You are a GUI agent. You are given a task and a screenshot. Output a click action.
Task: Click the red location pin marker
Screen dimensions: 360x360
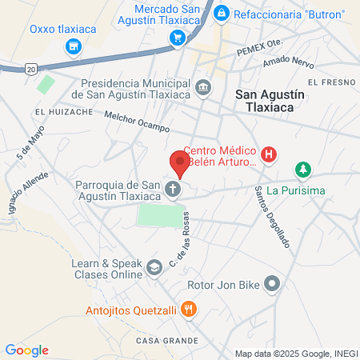(x=180, y=164)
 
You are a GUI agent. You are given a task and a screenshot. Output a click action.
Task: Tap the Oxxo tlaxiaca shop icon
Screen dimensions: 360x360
(x=74, y=48)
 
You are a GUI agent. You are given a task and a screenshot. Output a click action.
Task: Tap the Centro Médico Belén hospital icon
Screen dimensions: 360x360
(x=270, y=154)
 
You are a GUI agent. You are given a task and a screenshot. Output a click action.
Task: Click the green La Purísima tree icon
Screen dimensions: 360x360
(x=302, y=170)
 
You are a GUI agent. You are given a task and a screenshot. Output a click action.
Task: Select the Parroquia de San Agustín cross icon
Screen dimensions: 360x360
(x=172, y=190)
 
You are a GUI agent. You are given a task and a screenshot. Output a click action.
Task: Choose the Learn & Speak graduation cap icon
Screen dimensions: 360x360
(x=153, y=269)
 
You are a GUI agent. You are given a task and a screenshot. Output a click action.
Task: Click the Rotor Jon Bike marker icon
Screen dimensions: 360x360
(x=273, y=283)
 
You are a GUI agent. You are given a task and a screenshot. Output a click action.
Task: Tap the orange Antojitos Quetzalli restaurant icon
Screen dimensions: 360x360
(x=188, y=308)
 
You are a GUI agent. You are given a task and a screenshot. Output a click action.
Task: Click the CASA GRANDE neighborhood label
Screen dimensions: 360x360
(x=162, y=340)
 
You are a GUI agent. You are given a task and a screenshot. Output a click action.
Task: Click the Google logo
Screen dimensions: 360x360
(x=27, y=350)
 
